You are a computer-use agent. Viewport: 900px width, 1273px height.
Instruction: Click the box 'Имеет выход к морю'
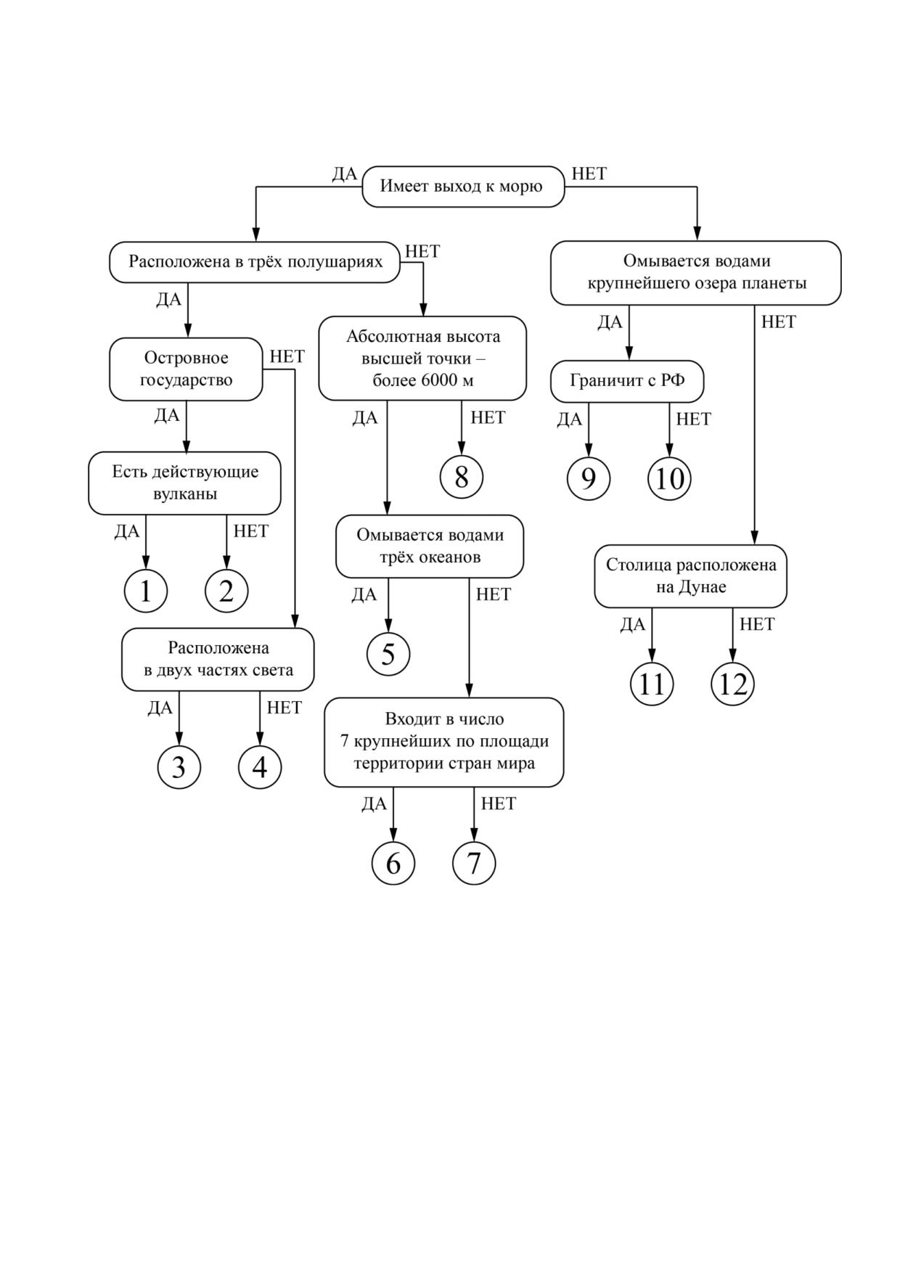tap(463, 187)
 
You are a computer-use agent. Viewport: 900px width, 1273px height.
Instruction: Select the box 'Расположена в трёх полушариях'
tap(255, 262)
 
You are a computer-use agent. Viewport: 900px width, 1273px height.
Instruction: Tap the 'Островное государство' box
tap(186, 369)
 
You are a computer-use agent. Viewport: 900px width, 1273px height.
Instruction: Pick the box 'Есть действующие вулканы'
tap(184, 483)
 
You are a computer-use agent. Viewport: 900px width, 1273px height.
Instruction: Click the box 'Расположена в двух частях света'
tap(218, 659)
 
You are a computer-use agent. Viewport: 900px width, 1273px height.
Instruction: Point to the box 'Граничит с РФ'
tap(627, 381)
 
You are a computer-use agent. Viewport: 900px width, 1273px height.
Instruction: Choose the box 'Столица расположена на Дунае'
tap(690, 576)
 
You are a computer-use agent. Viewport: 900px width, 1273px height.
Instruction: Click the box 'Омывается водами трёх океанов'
tap(430, 547)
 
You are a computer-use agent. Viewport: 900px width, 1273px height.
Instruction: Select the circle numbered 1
tap(146, 591)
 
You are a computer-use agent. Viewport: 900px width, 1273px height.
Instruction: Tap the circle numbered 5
tap(388, 654)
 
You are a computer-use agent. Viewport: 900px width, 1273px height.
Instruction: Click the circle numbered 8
tap(462, 477)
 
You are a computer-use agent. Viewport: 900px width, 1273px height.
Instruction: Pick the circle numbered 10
tap(669, 479)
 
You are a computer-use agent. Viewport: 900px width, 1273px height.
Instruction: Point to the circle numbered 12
tap(733, 684)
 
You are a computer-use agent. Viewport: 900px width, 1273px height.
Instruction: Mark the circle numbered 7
tap(474, 863)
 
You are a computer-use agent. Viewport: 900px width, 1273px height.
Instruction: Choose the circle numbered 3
tap(179, 767)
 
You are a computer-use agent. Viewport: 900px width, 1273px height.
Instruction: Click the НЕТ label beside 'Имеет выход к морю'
tap(589, 174)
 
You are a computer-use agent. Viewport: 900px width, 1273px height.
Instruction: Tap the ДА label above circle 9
tap(570, 419)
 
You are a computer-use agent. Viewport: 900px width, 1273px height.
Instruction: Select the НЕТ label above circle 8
tap(488, 417)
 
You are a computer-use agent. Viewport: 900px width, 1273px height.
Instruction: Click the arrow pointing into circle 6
tap(393, 814)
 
